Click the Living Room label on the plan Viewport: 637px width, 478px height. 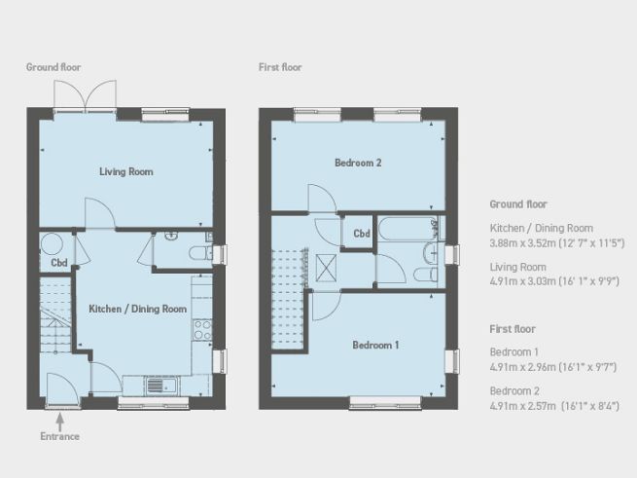click(x=126, y=171)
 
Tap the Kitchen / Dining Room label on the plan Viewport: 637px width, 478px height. click(x=137, y=309)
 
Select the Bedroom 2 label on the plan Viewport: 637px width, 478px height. click(x=358, y=163)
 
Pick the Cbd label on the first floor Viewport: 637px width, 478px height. click(x=361, y=234)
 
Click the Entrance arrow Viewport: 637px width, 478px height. click(x=61, y=420)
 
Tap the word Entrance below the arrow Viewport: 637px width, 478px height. click(x=61, y=436)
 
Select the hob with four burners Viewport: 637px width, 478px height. click(x=203, y=328)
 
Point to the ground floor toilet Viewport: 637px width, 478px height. click(x=196, y=255)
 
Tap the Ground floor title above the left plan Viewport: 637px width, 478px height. click(x=54, y=67)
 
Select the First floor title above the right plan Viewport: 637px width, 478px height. click(x=280, y=67)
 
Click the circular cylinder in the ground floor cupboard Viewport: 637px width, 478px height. click(x=51, y=242)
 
